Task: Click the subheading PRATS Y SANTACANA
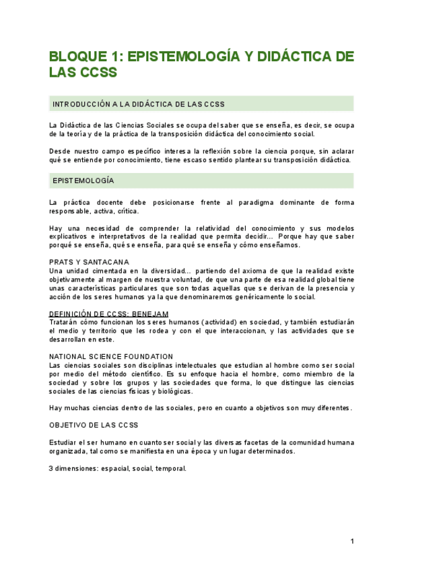89,262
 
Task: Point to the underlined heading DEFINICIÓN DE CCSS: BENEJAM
108,314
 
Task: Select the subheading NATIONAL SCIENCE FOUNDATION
110,356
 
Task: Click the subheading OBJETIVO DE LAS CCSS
93,425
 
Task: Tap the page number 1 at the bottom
351,541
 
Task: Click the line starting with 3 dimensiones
117,468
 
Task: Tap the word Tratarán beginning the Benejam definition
64,322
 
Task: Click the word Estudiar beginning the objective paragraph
65,442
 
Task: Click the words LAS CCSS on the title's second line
83,73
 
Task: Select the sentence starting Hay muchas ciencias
201,407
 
